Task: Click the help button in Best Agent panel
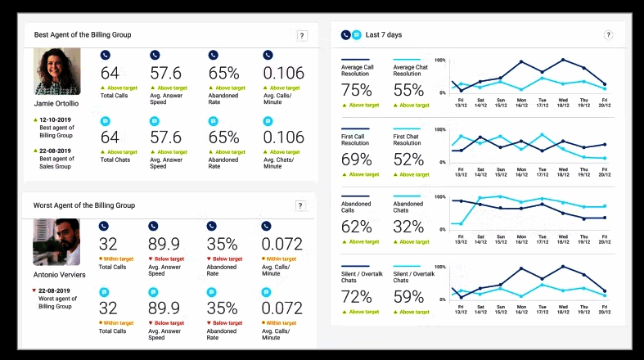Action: (302, 35)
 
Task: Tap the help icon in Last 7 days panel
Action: (608, 35)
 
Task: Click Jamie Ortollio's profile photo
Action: (57, 72)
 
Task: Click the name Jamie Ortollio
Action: (57, 104)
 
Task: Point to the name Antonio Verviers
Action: (59, 274)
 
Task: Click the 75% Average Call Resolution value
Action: (356, 90)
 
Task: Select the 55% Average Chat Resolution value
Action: (408, 90)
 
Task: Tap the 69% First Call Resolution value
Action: (356, 159)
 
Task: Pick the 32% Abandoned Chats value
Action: (408, 227)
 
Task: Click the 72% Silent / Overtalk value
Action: (356, 296)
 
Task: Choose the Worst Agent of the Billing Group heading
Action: (84, 205)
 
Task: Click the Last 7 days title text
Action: (384, 35)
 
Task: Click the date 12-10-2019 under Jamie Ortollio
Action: (55, 119)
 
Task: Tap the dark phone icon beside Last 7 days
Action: (345, 35)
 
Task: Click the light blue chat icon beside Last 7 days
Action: (356, 35)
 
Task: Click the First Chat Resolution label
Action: (412, 140)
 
